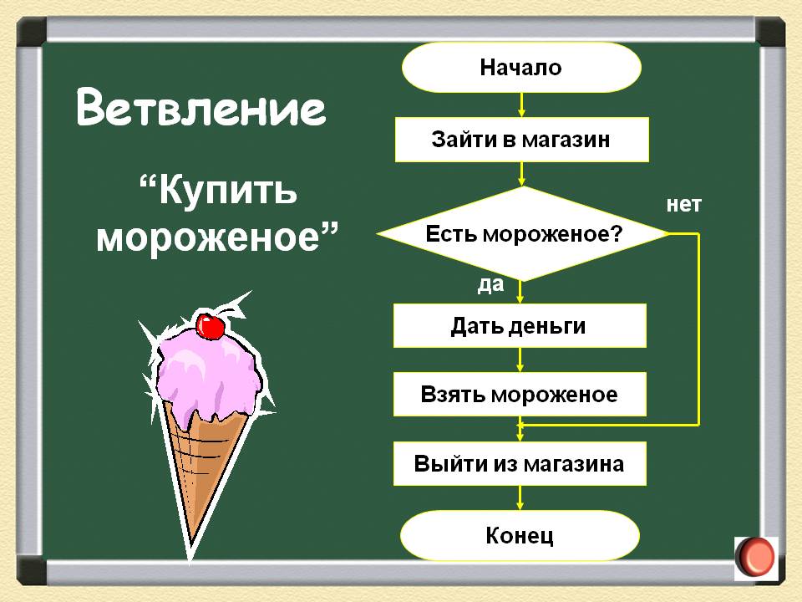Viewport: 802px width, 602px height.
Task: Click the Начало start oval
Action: pos(521,68)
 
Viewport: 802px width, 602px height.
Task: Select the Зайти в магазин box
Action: pos(521,140)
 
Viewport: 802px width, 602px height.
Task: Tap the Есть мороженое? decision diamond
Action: pos(522,233)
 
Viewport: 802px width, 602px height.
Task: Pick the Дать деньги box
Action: pos(520,326)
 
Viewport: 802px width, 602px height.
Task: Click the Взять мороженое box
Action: pos(520,394)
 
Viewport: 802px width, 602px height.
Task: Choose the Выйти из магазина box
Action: pos(520,464)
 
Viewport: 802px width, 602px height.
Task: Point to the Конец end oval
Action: pos(520,535)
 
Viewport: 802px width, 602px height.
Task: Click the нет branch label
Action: pos(684,205)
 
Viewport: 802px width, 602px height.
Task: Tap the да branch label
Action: pos(490,284)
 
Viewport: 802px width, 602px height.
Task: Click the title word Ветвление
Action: pos(201,108)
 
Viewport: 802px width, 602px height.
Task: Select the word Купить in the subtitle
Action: pos(227,191)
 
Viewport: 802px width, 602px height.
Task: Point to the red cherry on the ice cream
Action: pos(211,326)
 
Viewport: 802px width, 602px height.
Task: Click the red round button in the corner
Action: pos(756,558)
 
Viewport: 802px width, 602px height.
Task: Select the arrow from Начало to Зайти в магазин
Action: pos(521,105)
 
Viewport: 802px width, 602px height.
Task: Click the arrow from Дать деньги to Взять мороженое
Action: pos(520,360)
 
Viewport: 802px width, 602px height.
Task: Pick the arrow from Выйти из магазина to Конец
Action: pos(520,498)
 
